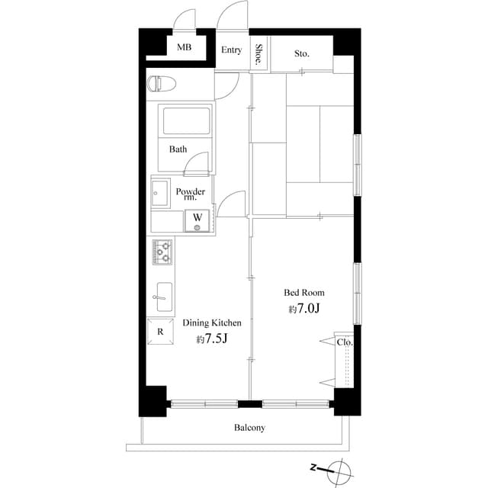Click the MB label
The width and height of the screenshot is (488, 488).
coord(184,47)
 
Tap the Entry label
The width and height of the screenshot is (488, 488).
coord(232,50)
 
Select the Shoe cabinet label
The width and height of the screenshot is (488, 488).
coord(259,53)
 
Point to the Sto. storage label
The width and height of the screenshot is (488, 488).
coord(302,53)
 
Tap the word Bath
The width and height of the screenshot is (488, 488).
coord(178,149)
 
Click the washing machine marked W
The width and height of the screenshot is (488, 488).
coord(197,221)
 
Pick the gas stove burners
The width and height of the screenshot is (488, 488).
coord(163,251)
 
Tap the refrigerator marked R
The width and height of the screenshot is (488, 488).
coord(160,332)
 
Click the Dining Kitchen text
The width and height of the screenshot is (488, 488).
coord(212,323)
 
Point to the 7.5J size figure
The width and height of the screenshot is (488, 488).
coord(213,339)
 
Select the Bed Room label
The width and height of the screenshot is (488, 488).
coord(304,293)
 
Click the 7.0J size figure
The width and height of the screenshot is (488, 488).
coord(304,309)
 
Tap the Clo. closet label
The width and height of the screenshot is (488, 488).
coord(345,342)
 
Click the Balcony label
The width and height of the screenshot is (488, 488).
coord(249,428)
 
